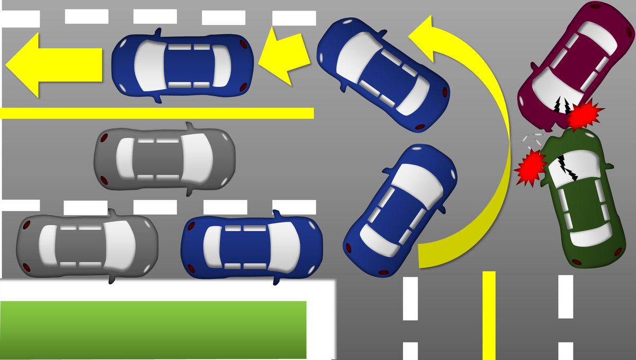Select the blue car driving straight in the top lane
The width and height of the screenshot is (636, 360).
[x=182, y=65]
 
